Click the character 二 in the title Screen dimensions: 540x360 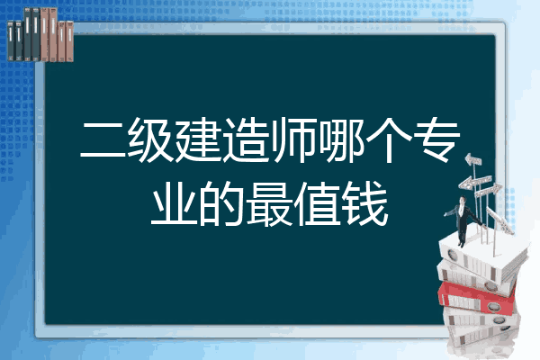click(103, 139)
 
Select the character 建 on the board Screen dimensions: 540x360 click(198, 139)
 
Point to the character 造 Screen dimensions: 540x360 click(245, 139)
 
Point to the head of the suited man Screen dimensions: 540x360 click(463, 200)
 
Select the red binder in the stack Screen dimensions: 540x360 click(477, 298)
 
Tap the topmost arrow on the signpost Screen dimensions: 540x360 click(473, 160)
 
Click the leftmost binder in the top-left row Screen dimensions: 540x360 click(11, 40)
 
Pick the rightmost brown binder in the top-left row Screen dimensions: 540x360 click(69, 41)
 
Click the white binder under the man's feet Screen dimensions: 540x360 click(482, 256)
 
